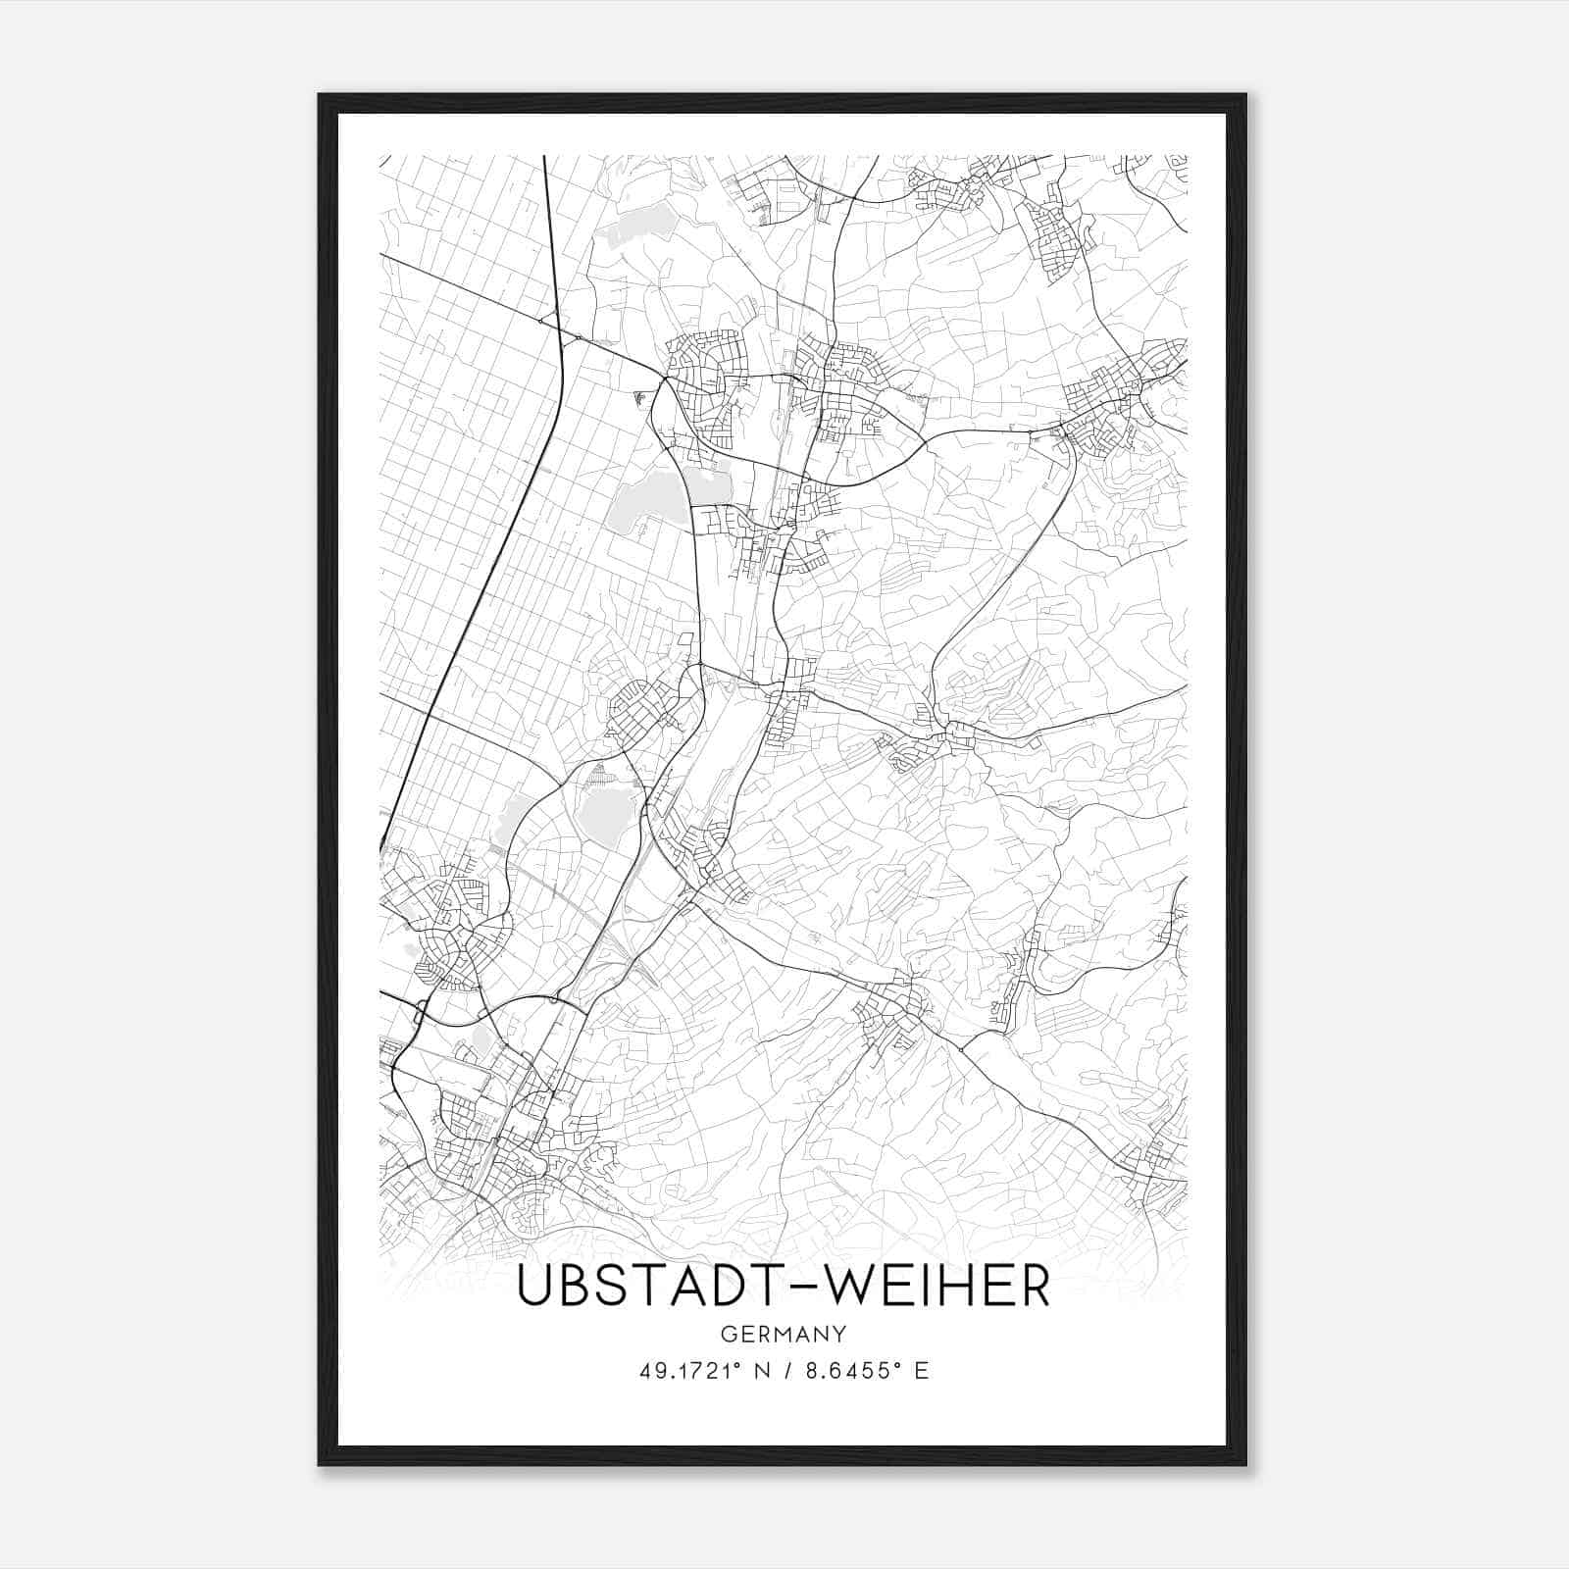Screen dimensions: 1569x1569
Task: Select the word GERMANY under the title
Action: pyautogui.click(x=784, y=1334)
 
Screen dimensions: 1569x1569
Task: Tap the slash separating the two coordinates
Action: pyautogui.click(x=784, y=1371)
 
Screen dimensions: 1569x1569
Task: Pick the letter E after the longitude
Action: pyautogui.click(x=921, y=1371)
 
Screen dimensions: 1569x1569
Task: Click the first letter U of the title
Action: pyautogui.click(x=534, y=1287)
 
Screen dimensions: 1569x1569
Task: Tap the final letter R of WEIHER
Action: pyautogui.click(x=1032, y=1287)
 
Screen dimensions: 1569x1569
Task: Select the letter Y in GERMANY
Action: pyautogui.click(x=840, y=1334)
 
